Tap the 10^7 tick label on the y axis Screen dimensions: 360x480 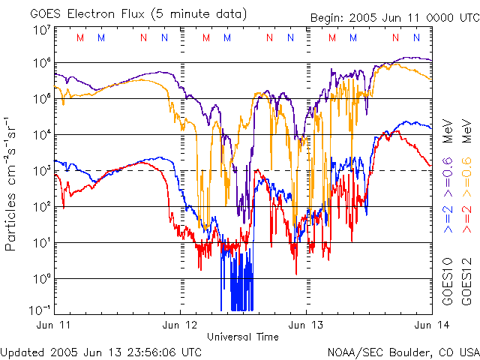click(x=43, y=30)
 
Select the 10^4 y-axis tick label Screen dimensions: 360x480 click(x=43, y=135)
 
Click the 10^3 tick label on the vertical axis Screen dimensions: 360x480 click(x=43, y=171)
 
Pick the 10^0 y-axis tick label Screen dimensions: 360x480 click(x=43, y=279)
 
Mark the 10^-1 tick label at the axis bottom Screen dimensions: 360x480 click(x=41, y=308)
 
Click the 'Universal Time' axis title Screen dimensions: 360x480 click(x=242, y=337)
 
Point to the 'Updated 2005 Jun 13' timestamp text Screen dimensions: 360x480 click(x=100, y=351)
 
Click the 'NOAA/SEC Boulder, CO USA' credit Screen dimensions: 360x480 click(x=403, y=351)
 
